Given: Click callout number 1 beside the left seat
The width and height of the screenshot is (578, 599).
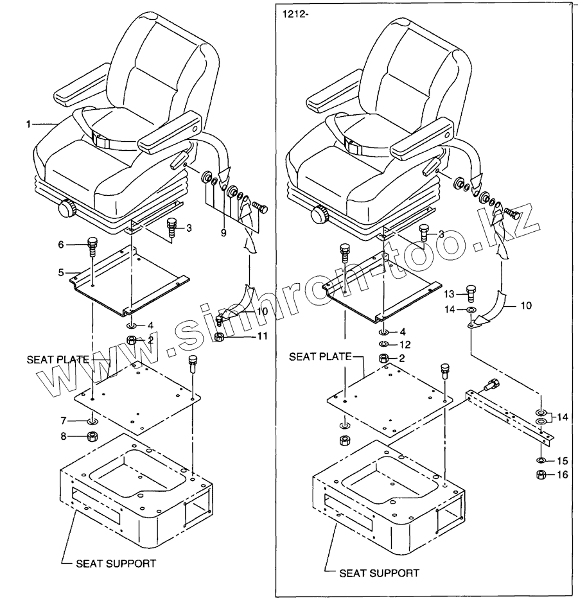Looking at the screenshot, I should click(28, 125).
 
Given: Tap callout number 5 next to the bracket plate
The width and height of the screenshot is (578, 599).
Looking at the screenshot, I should click(61, 272).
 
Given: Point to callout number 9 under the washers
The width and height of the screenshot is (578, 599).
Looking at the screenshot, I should click(223, 233).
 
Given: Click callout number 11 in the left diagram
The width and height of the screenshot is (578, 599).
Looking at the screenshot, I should click(245, 335).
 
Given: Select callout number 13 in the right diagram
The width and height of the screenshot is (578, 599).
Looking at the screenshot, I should click(451, 294).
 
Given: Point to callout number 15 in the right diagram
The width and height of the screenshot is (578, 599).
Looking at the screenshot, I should click(563, 460).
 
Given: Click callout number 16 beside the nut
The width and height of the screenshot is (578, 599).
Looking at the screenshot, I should click(563, 475).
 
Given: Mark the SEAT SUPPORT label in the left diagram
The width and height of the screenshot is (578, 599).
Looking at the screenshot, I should click(116, 564).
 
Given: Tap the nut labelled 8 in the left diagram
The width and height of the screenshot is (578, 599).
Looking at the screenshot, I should click(92, 437).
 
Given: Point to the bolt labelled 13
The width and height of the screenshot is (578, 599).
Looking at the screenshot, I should click(470, 293).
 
